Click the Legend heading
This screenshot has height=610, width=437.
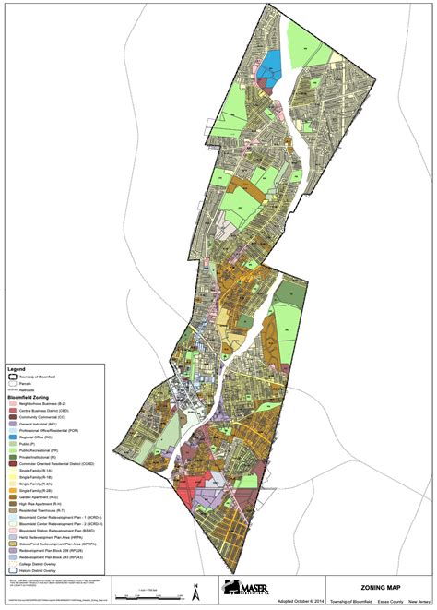[x=15, y=367]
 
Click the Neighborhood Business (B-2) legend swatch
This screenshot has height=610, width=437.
[x=10, y=403]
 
